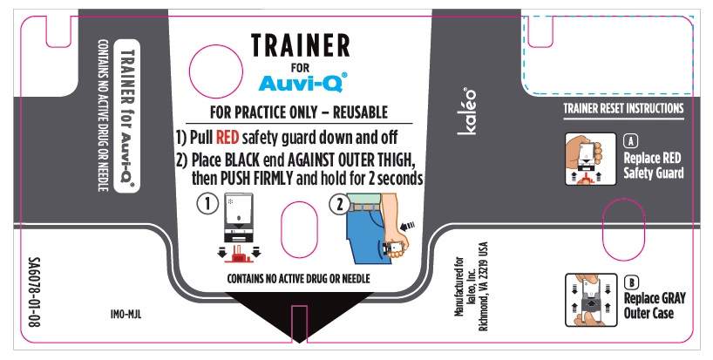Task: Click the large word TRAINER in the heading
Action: click(300, 45)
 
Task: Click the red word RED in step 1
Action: click(227, 137)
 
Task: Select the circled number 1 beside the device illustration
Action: click(207, 204)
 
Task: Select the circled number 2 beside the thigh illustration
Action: click(339, 204)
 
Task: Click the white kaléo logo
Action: click(467, 112)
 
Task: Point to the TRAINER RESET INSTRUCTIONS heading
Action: click(623, 109)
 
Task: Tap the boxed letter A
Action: click(630, 141)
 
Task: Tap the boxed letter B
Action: click(631, 282)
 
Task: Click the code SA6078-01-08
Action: click(34, 292)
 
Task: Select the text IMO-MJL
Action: click(126, 314)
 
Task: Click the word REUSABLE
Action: click(360, 112)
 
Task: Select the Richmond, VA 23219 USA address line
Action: click(484, 286)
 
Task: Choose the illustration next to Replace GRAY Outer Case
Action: click(591, 300)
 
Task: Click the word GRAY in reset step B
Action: click(669, 299)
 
